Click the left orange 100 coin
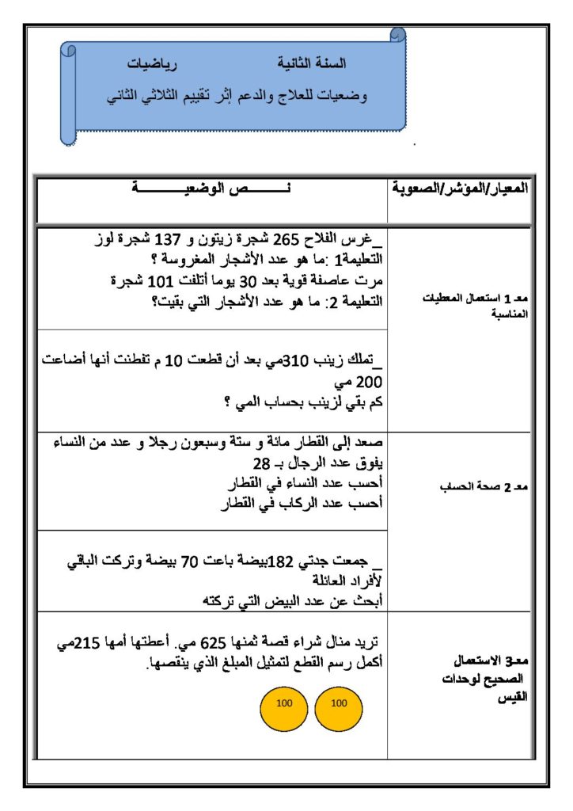283,703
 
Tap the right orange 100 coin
338,703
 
